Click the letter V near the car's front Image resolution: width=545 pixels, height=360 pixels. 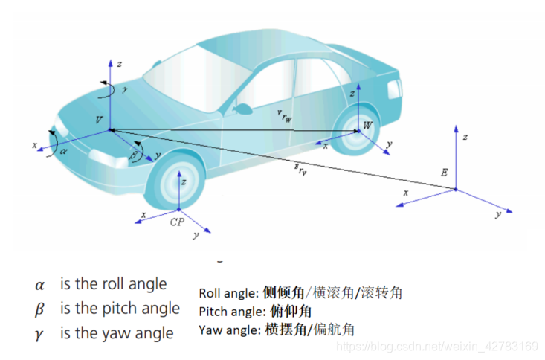pyautogui.click(x=99, y=120)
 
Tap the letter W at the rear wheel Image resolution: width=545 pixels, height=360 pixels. pyautogui.click(x=367, y=126)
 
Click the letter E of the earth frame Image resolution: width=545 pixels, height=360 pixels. pyautogui.click(x=444, y=173)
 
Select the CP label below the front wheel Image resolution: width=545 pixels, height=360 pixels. pyautogui.click(x=176, y=222)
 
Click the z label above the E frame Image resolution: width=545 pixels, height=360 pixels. pyautogui.click(x=465, y=138)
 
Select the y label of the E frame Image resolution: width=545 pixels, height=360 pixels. pyautogui.click(x=497, y=214)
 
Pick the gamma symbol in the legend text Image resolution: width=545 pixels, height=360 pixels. pyautogui.click(x=39, y=333)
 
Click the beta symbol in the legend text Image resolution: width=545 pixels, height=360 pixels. pyautogui.click(x=39, y=309)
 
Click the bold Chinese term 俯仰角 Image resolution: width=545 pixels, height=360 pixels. pyautogui.click(x=291, y=311)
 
